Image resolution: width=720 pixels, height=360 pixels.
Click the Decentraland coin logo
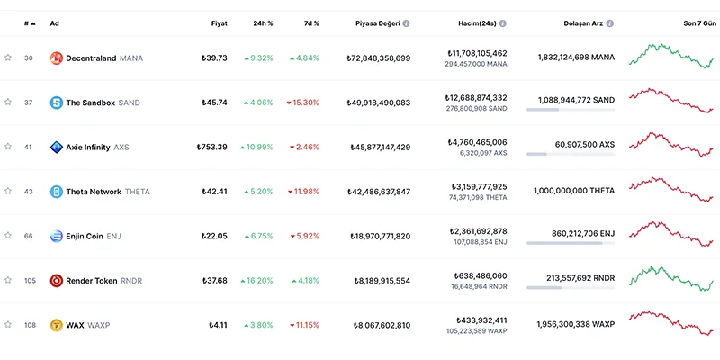56,58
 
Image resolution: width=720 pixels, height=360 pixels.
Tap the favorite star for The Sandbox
8,103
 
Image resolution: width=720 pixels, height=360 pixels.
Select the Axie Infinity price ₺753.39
212,147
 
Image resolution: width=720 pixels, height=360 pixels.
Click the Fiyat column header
219,22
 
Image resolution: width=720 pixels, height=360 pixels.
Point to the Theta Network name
94,192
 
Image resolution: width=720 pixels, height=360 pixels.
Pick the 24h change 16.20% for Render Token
256,280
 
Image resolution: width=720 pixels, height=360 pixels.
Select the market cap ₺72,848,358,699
378,58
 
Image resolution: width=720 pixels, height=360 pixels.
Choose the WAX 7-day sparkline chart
670,323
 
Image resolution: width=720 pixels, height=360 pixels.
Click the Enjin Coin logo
56,236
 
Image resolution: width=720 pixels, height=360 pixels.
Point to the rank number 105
29,280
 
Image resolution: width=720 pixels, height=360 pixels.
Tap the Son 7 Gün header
697,22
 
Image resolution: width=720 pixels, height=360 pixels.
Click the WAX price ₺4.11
218,325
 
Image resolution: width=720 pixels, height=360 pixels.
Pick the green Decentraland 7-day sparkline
670,56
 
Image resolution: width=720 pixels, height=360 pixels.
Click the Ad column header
55,22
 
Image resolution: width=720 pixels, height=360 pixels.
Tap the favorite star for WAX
8,325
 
